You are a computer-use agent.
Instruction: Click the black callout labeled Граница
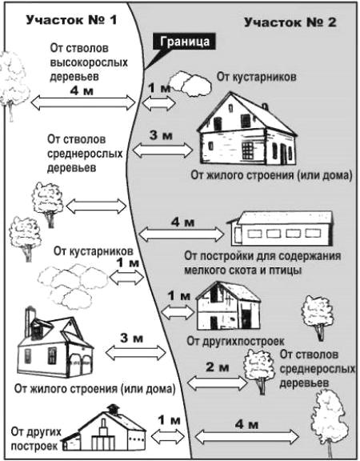184,42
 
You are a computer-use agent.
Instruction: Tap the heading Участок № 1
72,20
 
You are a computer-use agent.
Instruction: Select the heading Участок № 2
290,22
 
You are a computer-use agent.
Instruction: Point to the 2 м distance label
217,367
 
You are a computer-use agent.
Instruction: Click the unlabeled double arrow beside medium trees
96,206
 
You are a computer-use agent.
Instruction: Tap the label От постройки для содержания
262,256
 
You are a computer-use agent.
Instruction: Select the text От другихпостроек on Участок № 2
235,341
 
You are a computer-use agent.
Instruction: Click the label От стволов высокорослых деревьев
89,62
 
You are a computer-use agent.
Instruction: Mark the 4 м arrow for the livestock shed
182,235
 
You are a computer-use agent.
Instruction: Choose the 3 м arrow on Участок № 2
162,150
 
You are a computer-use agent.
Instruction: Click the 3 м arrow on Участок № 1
136,352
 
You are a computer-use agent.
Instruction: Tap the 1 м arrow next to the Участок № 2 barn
178,312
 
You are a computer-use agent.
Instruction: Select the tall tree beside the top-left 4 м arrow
14,86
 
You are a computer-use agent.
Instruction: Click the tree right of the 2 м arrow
259,371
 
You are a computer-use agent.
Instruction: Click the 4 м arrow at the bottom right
247,436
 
